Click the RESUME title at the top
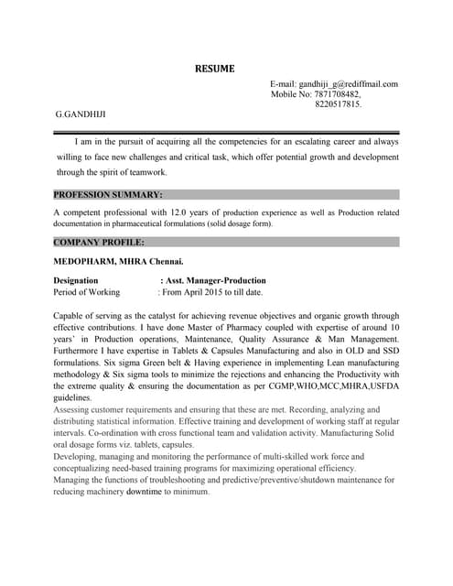(x=214, y=68)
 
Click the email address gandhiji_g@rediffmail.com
(x=348, y=84)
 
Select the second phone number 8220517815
(x=338, y=104)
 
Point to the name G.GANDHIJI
(x=81, y=114)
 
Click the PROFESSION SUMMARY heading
(x=108, y=195)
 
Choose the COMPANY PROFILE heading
(x=99, y=243)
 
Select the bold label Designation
(x=76, y=280)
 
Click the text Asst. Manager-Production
(x=216, y=280)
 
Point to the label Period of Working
(x=87, y=292)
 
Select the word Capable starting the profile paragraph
(x=70, y=315)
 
